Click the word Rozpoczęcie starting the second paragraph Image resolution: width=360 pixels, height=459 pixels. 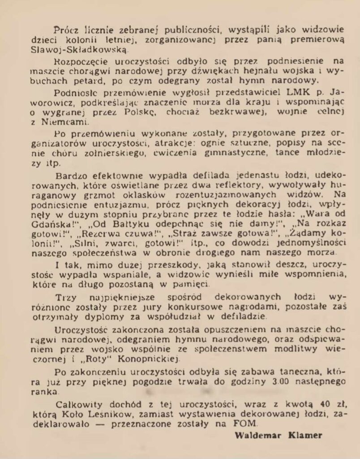coord(81,61)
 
